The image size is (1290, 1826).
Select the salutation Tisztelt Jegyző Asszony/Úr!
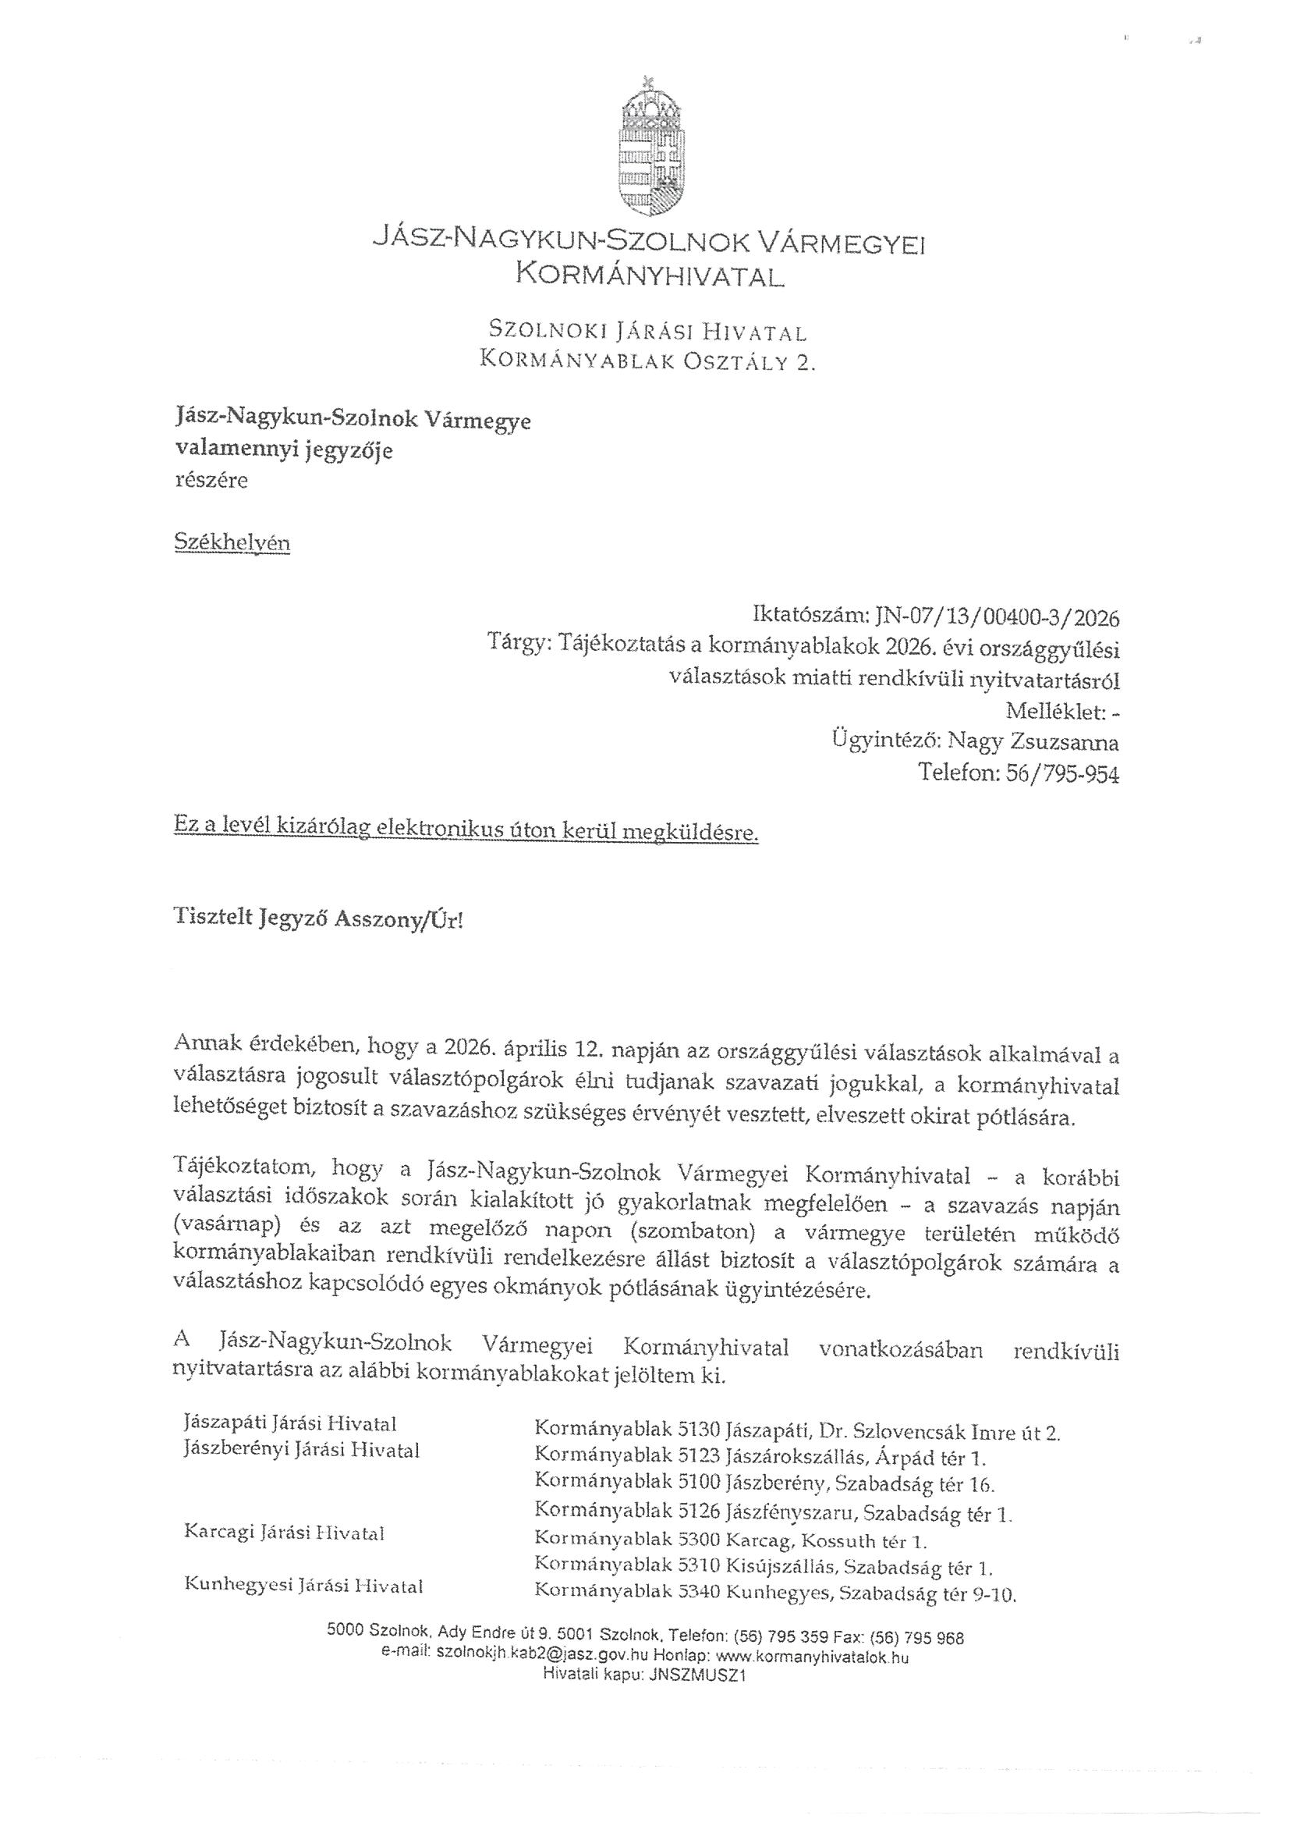[317, 918]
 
